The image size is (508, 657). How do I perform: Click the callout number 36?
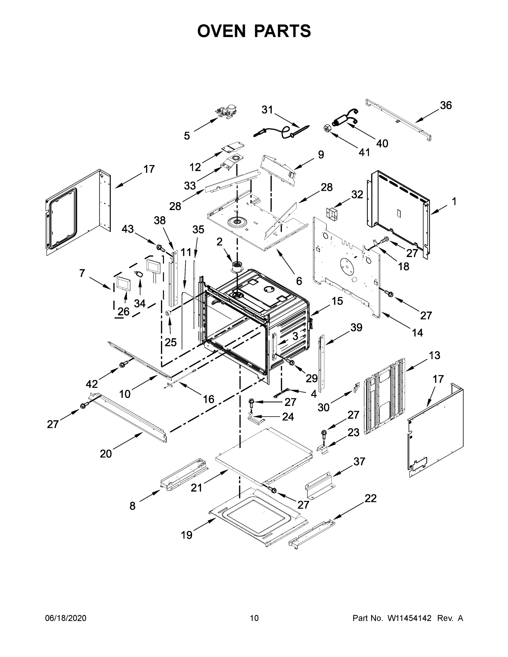tap(446, 105)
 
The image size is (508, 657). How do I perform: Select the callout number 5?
tap(187, 136)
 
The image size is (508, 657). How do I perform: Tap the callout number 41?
tap(364, 152)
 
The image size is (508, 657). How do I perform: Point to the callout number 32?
tap(357, 195)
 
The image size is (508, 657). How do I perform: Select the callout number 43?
tap(128, 229)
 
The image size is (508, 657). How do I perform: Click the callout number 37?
tap(359, 461)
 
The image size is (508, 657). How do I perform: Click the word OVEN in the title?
tap(222, 31)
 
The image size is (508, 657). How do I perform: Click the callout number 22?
tap(371, 498)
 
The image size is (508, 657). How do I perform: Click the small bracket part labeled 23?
tap(323, 450)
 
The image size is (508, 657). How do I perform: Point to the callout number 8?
tap(133, 506)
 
